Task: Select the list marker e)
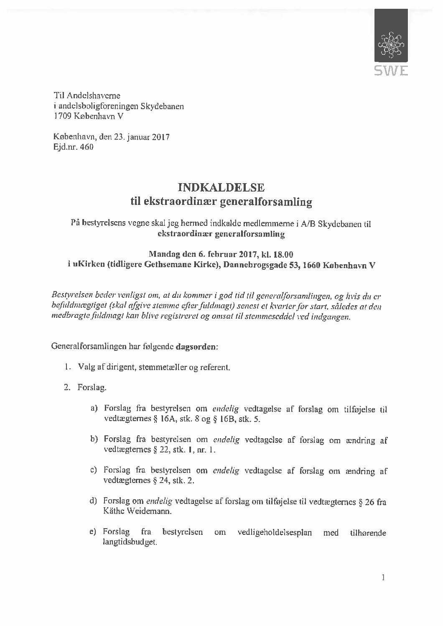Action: tap(94, 532)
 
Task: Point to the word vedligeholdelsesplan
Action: tap(274, 533)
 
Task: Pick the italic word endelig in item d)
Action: tap(156, 501)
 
